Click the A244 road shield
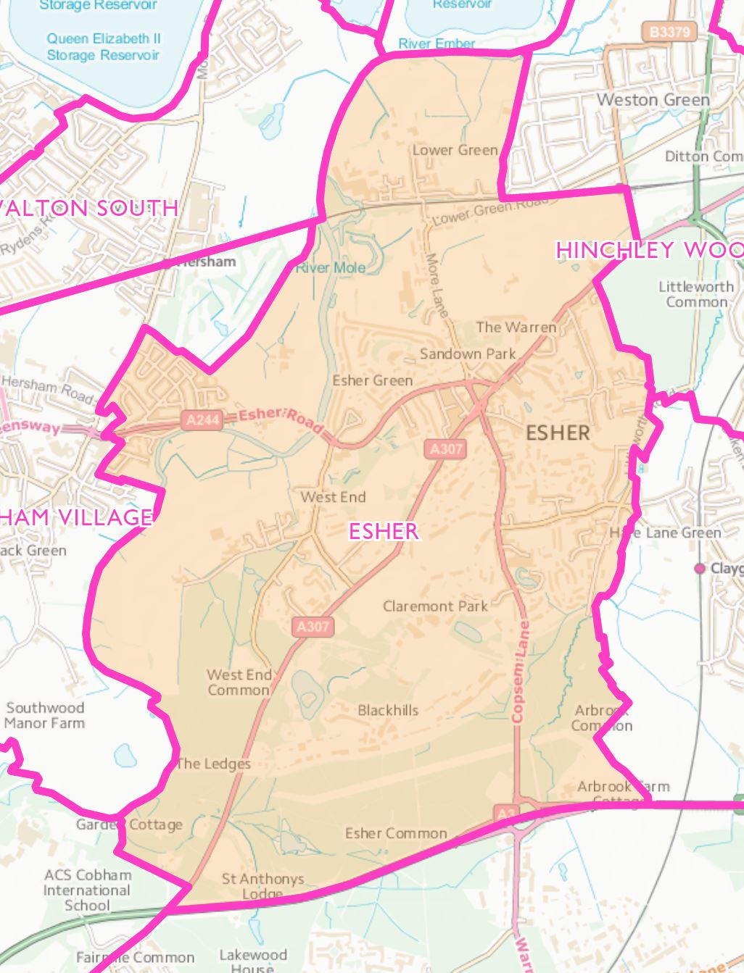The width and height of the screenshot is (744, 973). [x=202, y=420]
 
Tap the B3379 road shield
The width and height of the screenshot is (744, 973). [x=669, y=32]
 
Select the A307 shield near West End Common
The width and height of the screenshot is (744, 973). [x=313, y=627]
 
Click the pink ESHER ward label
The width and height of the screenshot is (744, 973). [x=384, y=531]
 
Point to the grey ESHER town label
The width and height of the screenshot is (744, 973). [x=558, y=433]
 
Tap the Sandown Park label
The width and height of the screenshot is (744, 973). [x=468, y=354]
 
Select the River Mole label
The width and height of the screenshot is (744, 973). [x=331, y=267]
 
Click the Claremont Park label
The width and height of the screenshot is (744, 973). [x=435, y=606]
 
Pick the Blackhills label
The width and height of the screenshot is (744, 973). [x=388, y=710]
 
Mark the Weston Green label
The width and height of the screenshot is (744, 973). [x=653, y=99]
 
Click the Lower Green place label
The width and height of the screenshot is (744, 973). [x=455, y=150]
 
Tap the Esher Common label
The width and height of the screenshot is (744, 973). [x=396, y=833]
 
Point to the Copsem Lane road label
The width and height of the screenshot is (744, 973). [x=519, y=670]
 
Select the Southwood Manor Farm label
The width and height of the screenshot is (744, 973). [x=45, y=715]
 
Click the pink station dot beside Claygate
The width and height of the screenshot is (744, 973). [x=700, y=569]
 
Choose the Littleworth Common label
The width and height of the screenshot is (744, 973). [x=696, y=294]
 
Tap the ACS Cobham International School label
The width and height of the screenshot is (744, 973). [x=87, y=890]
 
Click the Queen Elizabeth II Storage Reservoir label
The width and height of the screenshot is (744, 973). [x=104, y=46]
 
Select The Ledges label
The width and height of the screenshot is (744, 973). [x=213, y=764]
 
